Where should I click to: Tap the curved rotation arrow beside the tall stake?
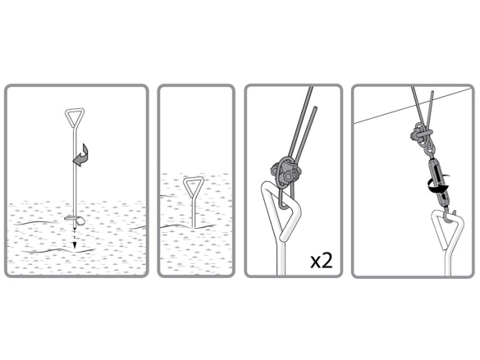[x=81, y=155]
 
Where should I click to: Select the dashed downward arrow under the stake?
[x=74, y=239]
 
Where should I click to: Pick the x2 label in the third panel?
[x=321, y=261]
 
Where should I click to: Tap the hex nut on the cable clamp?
[x=288, y=176]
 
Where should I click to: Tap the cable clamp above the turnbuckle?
[x=420, y=134]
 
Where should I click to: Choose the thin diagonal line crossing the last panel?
[x=414, y=106]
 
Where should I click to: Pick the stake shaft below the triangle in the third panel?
[x=281, y=257]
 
